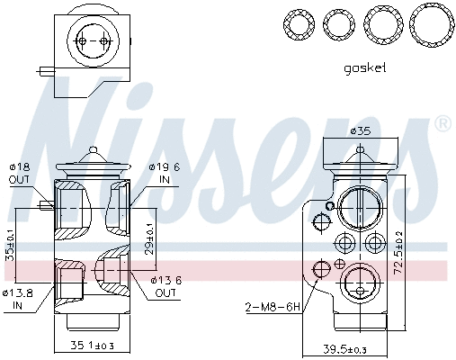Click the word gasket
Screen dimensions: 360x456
pos(364,67)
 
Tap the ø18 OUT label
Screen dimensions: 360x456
pos(20,173)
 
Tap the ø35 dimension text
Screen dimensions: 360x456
pos(360,132)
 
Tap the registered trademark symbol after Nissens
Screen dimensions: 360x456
pos(442,122)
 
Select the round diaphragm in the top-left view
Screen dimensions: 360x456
pos(94,41)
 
